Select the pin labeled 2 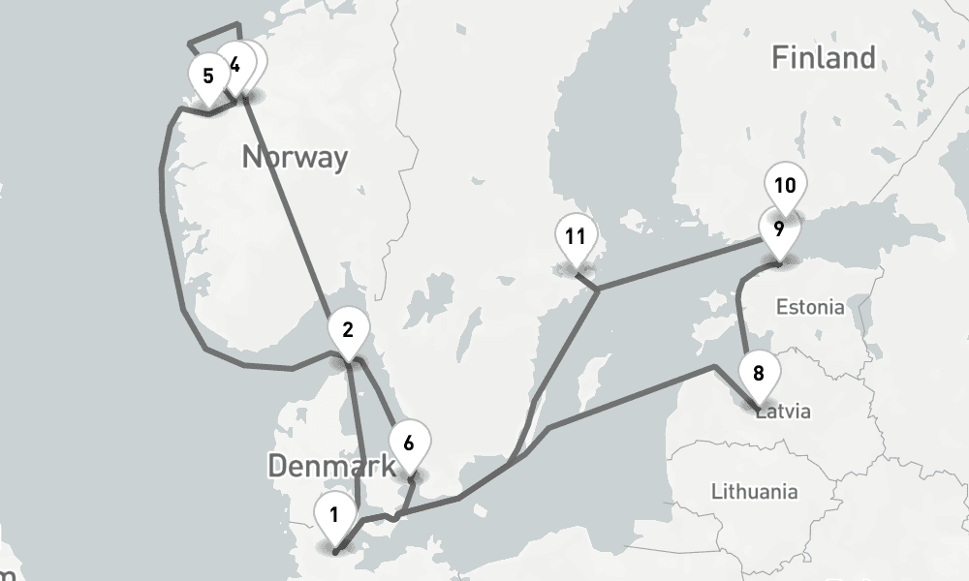click(347, 330)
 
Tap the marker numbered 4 click(233, 65)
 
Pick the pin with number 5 click(208, 76)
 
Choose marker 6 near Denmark click(409, 444)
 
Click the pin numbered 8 click(758, 374)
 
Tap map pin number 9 click(778, 230)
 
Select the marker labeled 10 click(785, 186)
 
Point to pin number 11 click(576, 237)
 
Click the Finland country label click(823, 58)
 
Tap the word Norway click(295, 157)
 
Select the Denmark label click(331, 466)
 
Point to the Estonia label click(810, 308)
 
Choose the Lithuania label click(754, 491)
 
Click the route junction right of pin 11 click(598, 289)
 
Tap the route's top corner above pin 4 click(237, 23)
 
